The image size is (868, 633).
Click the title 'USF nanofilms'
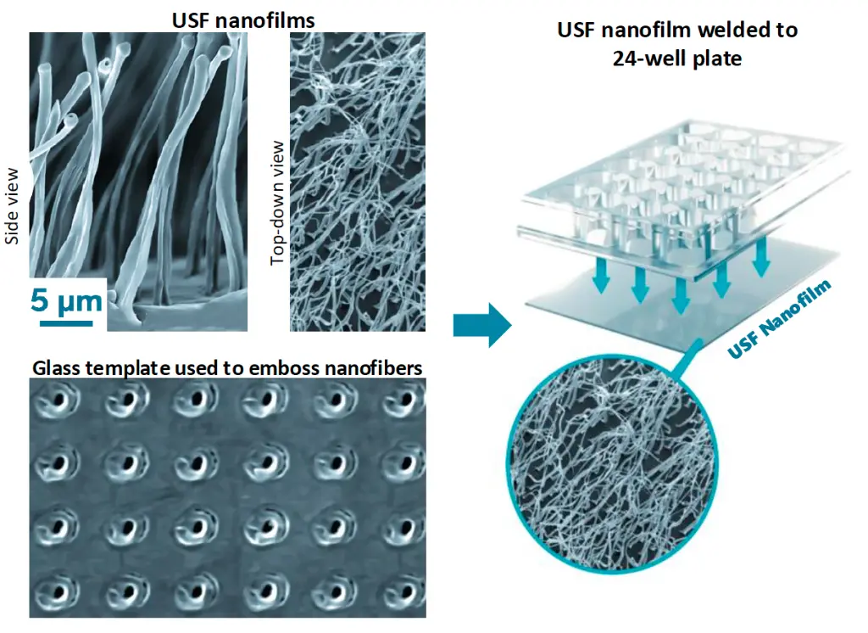tap(243, 20)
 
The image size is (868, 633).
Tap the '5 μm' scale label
tap(66, 301)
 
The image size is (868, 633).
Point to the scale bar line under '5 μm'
tap(66, 322)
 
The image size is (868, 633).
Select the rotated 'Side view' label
tap(12, 206)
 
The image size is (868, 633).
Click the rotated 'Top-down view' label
tap(277, 203)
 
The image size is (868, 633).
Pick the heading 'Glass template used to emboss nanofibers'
tap(227, 367)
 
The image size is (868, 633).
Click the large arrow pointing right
tap(482, 325)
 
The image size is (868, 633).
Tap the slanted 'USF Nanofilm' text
tap(779, 318)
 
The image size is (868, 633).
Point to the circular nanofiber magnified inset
tap(609, 464)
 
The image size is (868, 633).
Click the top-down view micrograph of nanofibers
tap(358, 182)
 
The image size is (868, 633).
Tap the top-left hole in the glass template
tap(58, 399)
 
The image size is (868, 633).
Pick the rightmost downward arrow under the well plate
tap(762, 256)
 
